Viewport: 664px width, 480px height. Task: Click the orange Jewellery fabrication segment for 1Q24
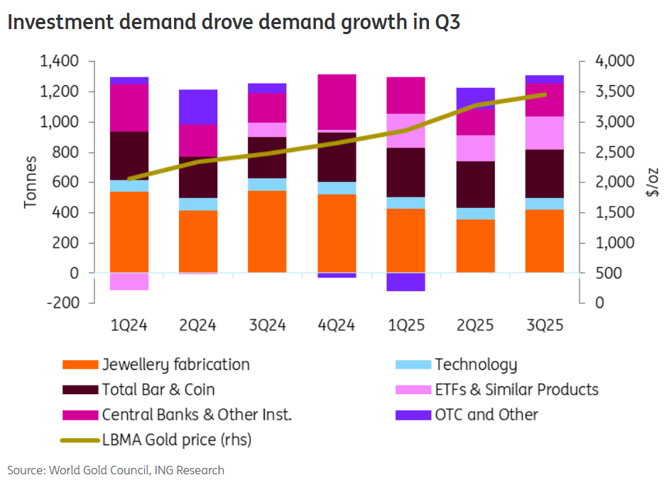129,232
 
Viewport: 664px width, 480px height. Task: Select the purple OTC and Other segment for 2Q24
198,107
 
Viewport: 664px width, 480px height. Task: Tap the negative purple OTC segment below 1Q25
406,282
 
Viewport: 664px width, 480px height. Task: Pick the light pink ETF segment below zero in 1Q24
129,281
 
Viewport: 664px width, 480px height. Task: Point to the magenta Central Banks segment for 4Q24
337,102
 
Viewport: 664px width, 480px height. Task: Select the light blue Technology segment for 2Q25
475,213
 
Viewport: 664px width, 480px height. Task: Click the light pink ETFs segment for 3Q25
544,133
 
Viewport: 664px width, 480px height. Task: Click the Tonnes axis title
31,182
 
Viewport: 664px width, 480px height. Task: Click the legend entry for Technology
475,365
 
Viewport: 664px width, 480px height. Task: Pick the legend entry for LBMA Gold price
176,440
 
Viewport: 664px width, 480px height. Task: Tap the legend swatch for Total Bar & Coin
80,390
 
